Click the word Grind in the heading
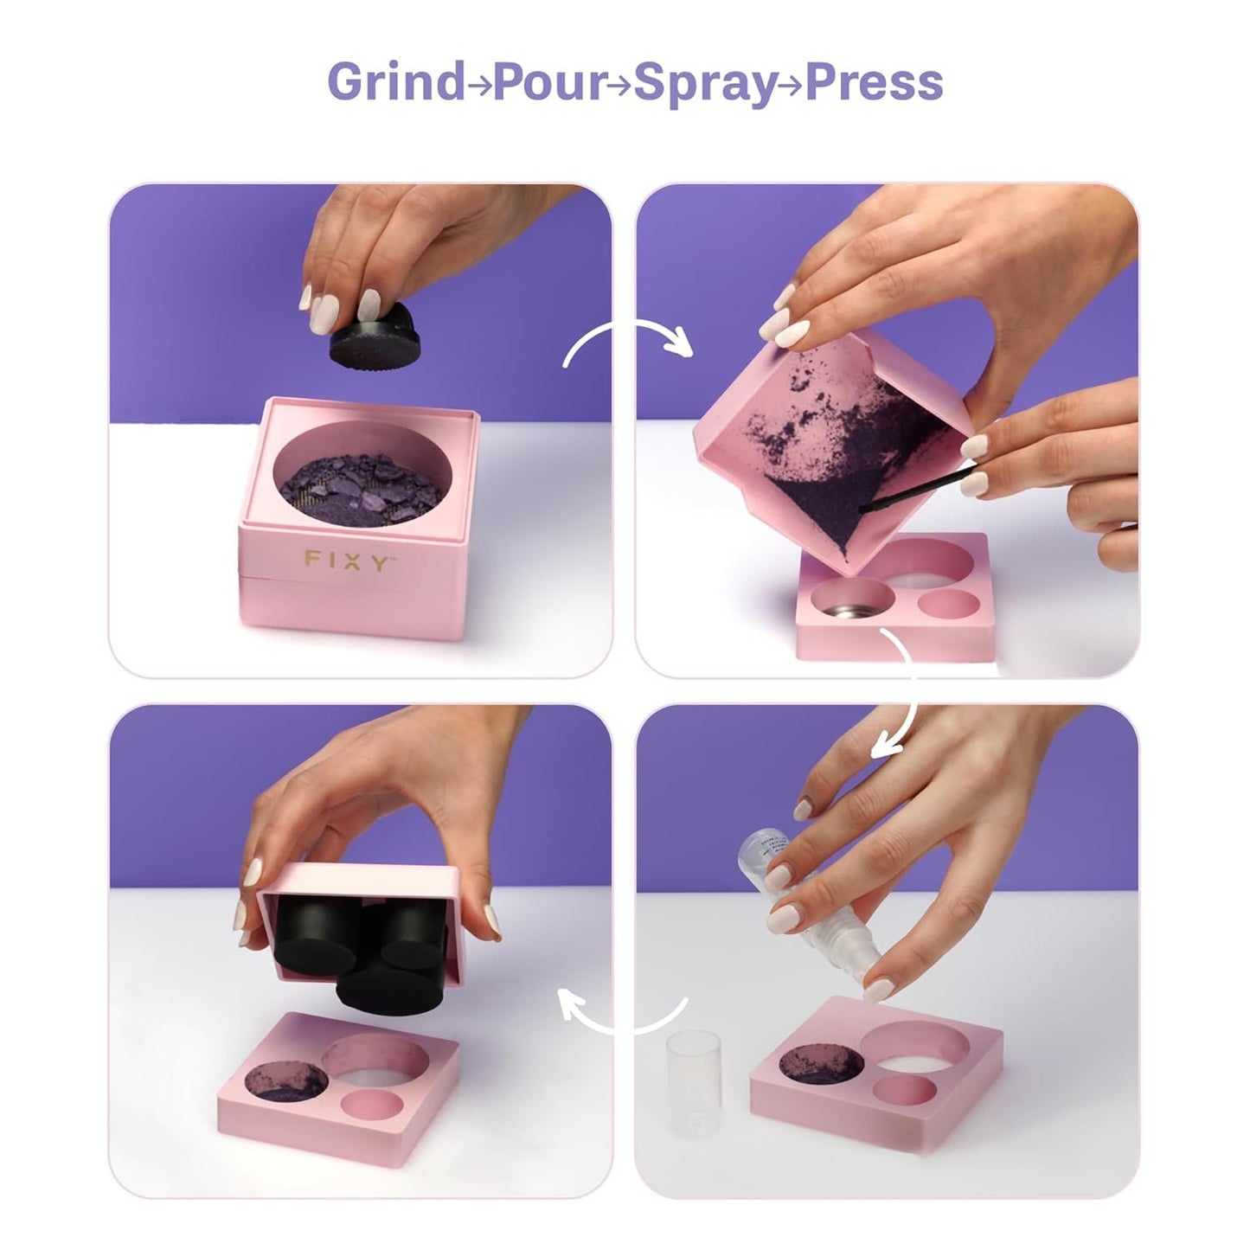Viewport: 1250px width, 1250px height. pyautogui.click(x=395, y=81)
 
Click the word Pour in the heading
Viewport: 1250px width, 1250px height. pyautogui.click(x=550, y=83)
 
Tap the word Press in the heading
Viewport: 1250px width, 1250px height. pyautogui.click(x=874, y=82)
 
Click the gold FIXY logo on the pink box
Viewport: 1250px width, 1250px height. pyautogui.click(x=349, y=560)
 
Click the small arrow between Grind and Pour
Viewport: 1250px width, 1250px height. pyautogui.click(x=478, y=85)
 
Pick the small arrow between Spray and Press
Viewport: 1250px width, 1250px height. pyautogui.click(x=791, y=85)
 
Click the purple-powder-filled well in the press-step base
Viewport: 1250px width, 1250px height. pyautogui.click(x=286, y=1082)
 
